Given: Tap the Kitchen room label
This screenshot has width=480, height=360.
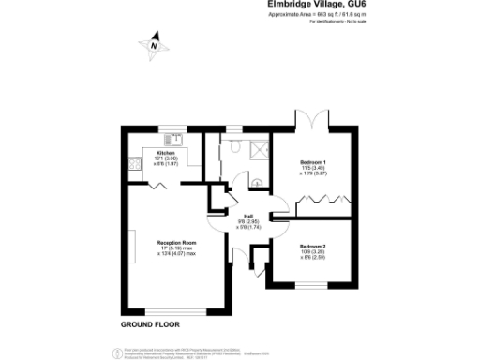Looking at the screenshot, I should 166,152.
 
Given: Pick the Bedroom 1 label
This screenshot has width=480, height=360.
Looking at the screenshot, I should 313,163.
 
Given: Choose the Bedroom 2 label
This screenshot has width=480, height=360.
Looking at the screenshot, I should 313,246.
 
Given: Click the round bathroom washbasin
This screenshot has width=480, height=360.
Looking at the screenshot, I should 255,182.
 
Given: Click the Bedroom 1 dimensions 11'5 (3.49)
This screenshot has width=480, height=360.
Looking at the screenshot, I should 313,169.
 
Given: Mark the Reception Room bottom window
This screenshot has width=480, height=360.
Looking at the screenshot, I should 172,310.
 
